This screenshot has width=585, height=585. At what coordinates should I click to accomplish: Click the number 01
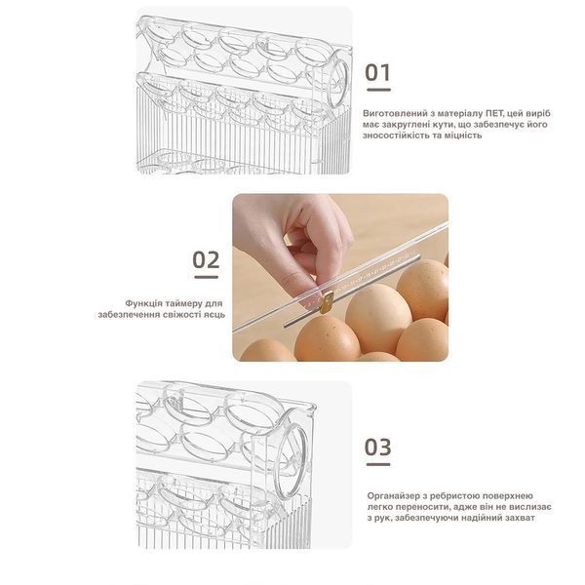(377, 72)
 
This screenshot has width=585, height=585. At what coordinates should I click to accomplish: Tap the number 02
(206, 259)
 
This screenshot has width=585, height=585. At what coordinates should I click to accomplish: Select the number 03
(377, 447)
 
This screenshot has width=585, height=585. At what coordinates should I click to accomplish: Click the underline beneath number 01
(378, 90)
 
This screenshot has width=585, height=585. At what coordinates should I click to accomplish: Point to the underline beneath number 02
(207, 277)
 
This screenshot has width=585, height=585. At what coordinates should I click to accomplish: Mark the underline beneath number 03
(378, 464)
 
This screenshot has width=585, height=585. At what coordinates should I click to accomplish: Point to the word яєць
(214, 315)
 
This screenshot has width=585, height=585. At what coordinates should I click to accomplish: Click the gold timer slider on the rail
(327, 302)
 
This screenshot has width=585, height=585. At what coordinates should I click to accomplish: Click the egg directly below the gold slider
(328, 338)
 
